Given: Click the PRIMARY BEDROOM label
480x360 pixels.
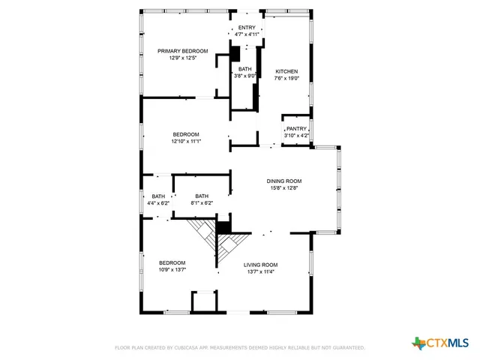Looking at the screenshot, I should point(182,51).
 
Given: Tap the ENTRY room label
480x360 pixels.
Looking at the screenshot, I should point(247,28).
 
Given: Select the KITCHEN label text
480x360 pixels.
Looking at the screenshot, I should point(286,71).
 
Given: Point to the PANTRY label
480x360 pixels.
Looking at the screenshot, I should point(296,128).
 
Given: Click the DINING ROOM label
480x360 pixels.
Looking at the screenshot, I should point(284,181).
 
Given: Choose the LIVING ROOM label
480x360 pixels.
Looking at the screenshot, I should point(260,265).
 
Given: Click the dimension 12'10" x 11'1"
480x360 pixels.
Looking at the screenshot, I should point(186,141).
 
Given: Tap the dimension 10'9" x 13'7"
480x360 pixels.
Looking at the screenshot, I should point(172,269).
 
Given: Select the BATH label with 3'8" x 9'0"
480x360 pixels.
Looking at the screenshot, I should point(245,68).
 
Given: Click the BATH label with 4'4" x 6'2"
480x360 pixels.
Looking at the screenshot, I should point(158,196).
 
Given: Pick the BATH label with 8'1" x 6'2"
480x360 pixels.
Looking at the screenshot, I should point(202,196).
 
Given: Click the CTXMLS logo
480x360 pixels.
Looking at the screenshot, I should point(440,343).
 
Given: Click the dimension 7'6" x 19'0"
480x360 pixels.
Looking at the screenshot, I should point(286,78).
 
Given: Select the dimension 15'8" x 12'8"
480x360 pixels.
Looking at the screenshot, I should point(284,188).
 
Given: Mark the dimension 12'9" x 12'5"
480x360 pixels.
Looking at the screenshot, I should point(182,58).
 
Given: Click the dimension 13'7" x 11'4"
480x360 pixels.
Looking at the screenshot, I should point(260,271).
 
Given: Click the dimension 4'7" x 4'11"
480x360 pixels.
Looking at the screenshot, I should point(247,34).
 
